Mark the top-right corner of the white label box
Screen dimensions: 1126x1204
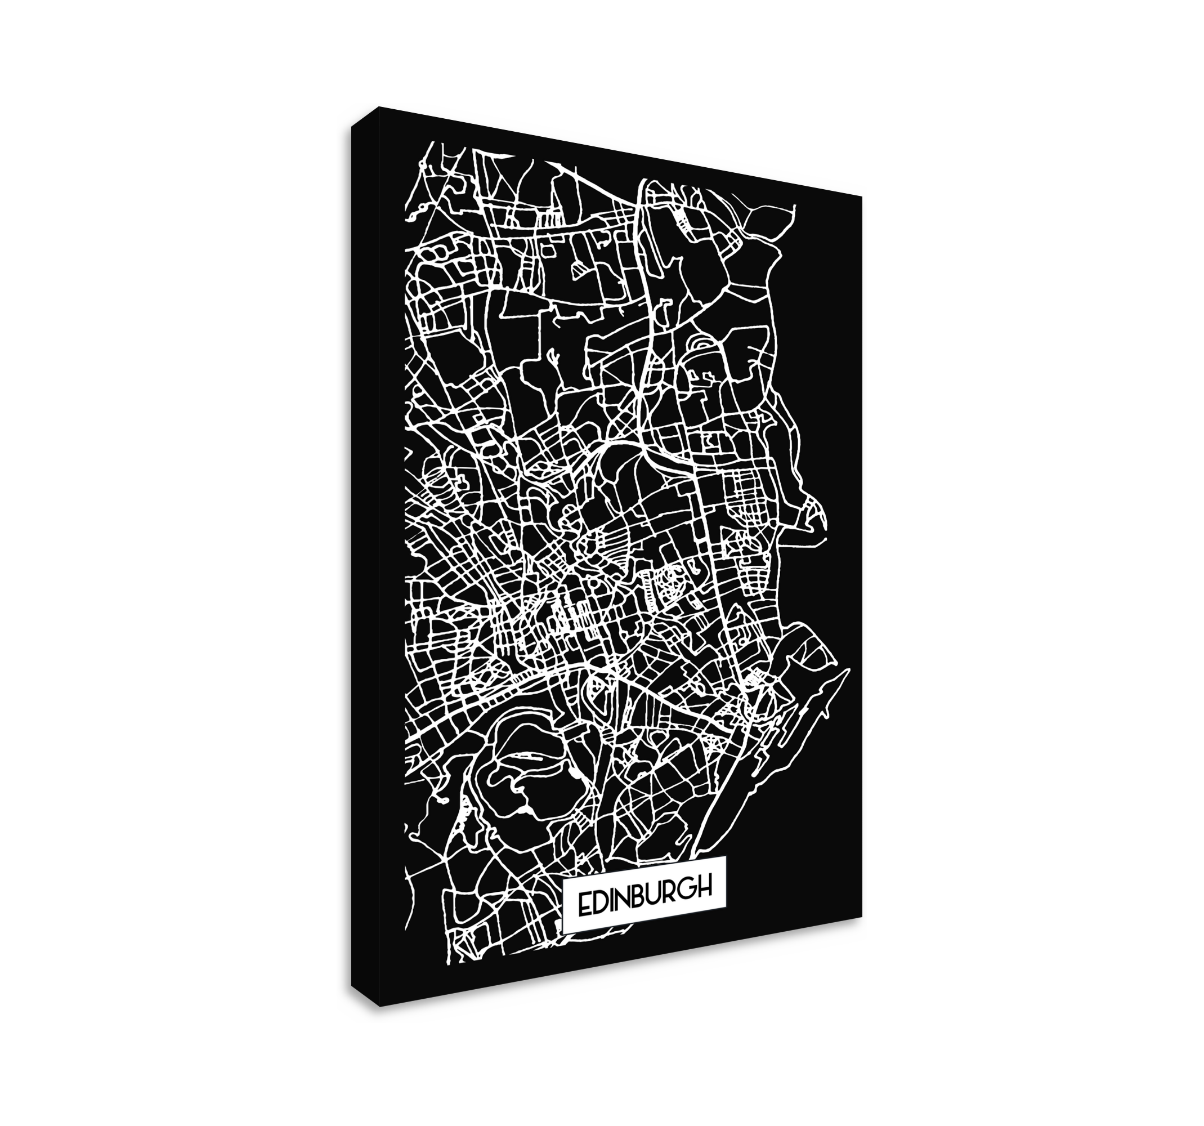(726, 856)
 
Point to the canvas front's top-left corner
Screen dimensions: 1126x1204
(378, 106)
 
